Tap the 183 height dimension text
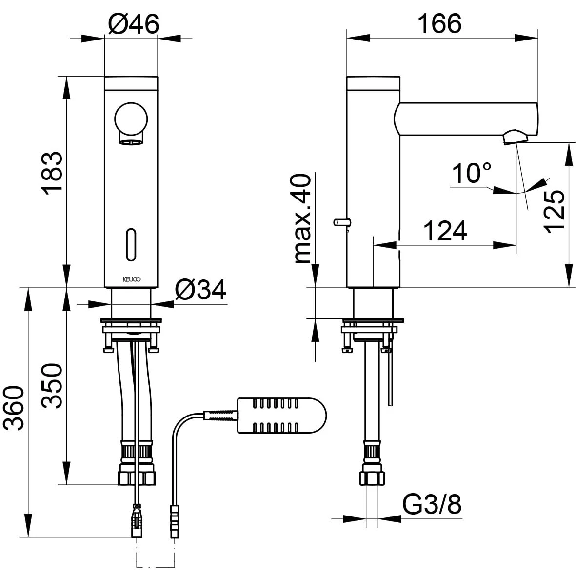[x=53, y=173]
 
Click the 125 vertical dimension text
[x=555, y=212]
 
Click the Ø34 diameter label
[x=200, y=291]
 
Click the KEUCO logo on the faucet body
[x=131, y=279]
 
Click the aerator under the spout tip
[x=513, y=137]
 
